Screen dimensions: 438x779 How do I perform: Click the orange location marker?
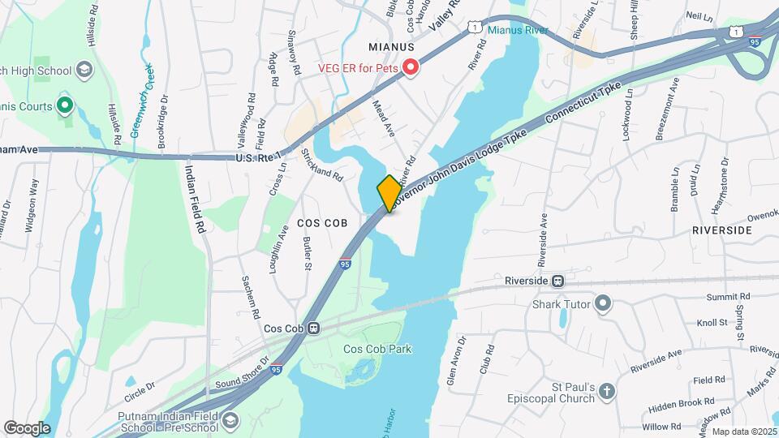tap(389, 194)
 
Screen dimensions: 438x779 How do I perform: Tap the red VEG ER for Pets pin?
tap(411, 67)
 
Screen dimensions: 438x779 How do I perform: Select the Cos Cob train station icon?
tap(313, 328)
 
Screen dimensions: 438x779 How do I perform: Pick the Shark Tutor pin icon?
tap(602, 305)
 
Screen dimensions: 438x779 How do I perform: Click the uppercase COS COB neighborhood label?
tap(322, 222)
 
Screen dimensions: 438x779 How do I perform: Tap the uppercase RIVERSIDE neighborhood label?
tap(721, 230)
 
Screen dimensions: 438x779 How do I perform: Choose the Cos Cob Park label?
tap(377, 350)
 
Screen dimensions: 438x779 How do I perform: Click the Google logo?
tap(27, 428)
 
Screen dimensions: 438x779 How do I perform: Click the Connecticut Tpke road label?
tap(586, 106)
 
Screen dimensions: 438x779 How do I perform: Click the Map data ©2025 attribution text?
tap(742, 432)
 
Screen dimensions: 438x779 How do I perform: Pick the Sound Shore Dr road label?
tap(243, 371)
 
